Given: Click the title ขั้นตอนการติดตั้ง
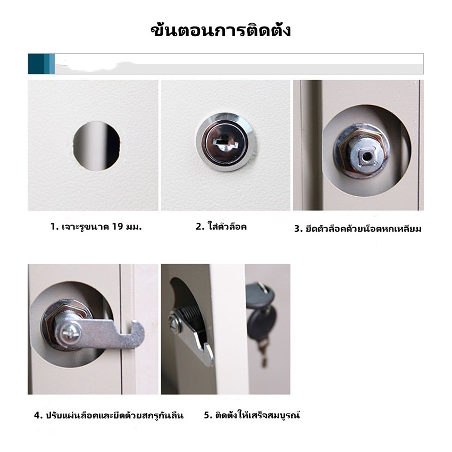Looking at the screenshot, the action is [x=221, y=30].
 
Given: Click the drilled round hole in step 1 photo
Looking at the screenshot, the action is [x=96, y=146].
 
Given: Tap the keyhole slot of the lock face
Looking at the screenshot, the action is [x=224, y=142].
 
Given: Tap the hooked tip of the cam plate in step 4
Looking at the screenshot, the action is [x=138, y=331].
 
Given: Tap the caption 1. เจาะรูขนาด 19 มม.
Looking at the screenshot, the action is [x=96, y=227].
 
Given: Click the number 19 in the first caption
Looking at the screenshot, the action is [x=118, y=227].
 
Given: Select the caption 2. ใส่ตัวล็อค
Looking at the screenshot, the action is [x=221, y=227].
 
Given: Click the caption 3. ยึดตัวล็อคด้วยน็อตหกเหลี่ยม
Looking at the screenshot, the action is [x=358, y=229].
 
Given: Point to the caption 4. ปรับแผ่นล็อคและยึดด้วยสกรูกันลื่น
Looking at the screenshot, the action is [x=108, y=415].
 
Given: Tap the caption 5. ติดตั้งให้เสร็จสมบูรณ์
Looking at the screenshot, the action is [x=252, y=415].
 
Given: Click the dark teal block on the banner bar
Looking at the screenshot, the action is [x=36, y=64].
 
